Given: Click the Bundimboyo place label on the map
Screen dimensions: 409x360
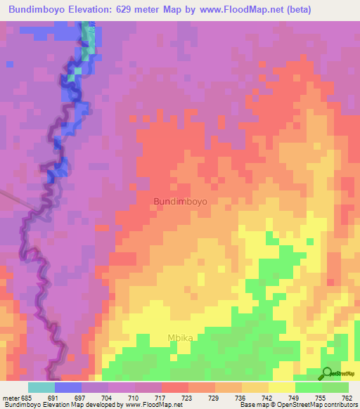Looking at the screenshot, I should (180, 201).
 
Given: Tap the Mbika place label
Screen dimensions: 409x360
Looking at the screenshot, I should (181, 337).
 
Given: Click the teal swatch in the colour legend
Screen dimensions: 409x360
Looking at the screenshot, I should (41, 387).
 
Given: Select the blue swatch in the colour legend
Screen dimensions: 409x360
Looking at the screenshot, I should (68, 387).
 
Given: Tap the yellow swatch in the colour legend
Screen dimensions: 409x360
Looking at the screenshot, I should (282, 387).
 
